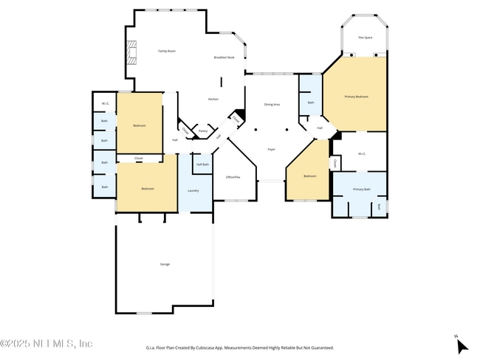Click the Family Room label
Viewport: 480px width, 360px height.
pyautogui.click(x=167, y=51)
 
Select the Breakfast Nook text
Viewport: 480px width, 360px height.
pyautogui.click(x=224, y=57)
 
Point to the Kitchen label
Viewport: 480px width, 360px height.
pyautogui.click(x=213, y=99)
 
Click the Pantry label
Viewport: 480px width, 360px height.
pyautogui.click(x=202, y=131)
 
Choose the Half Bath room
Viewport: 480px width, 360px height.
pyautogui.click(x=202, y=165)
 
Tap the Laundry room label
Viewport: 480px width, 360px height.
pyautogui.click(x=193, y=190)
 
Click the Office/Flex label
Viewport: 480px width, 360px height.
pyautogui.click(x=233, y=177)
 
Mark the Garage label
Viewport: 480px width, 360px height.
pyautogui.click(x=165, y=263)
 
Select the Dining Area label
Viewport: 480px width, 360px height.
pyautogui.click(x=272, y=105)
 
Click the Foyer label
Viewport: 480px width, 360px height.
pyautogui.click(x=271, y=150)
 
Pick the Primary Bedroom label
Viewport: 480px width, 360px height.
pyautogui.click(x=356, y=97)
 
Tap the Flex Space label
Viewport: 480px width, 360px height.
pyautogui.click(x=365, y=36)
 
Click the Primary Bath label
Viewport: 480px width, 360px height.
pyautogui.click(x=361, y=190)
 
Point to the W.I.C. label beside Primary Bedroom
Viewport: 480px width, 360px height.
pyautogui.click(x=362, y=154)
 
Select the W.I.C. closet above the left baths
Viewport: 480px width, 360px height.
pyautogui.click(x=105, y=103)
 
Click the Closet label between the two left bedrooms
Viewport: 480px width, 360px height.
pyautogui.click(x=139, y=158)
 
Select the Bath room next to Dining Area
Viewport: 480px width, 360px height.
pyautogui.click(x=310, y=103)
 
